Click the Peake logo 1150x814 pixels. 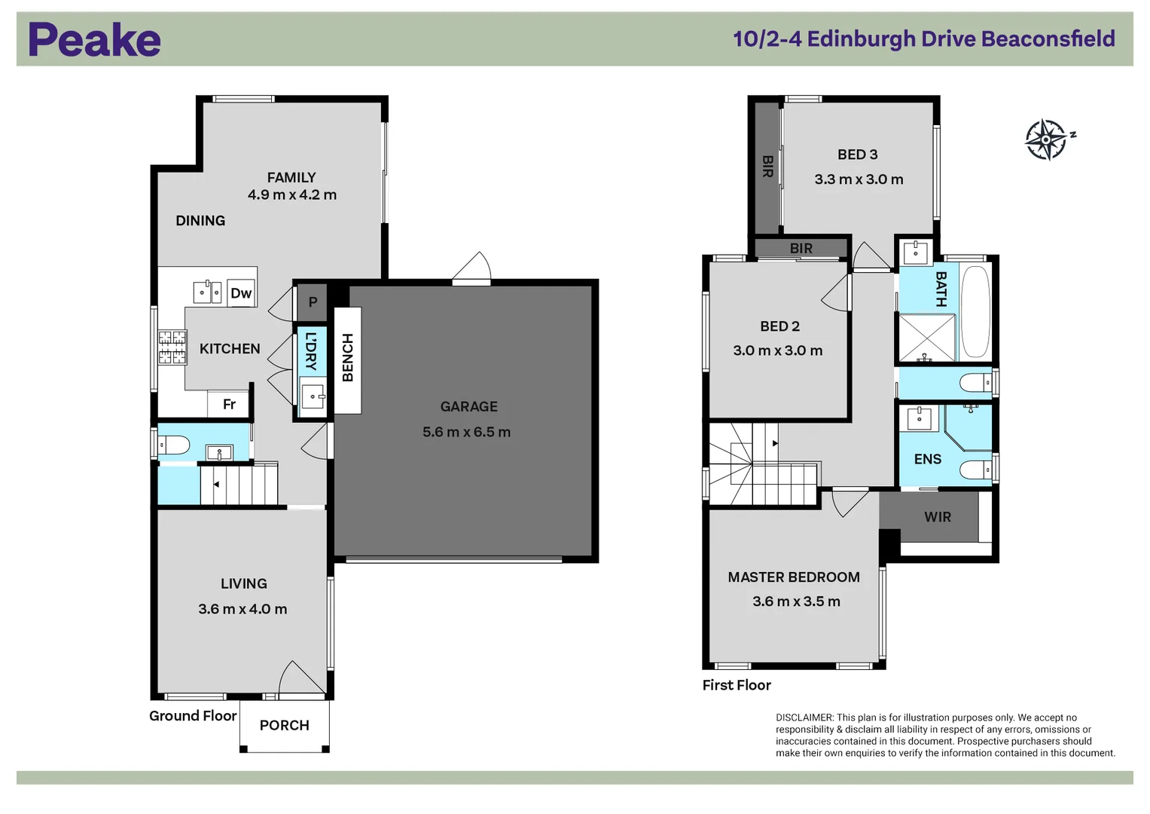tap(94, 40)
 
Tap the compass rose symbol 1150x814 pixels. tap(1046, 139)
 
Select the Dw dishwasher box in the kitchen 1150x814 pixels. tap(241, 293)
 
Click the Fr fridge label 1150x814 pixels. tap(229, 405)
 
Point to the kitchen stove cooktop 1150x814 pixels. tap(172, 347)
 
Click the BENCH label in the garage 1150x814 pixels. tap(348, 358)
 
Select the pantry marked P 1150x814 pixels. tap(313, 301)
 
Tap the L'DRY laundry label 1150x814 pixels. tap(311, 351)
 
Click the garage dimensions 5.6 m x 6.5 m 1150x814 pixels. tap(466, 432)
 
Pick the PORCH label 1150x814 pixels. tap(284, 725)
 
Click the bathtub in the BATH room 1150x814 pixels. tap(975, 311)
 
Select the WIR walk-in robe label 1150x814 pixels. tap(938, 517)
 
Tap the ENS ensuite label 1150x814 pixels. tap(927, 459)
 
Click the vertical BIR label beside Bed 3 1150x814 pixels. tap(767, 167)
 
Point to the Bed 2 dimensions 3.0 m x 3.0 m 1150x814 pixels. tap(777, 350)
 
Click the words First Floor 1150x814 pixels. tap(736, 685)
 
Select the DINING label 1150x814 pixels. tap(200, 221)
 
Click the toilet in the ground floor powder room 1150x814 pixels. tap(174, 445)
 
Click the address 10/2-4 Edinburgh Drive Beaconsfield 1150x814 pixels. tap(923, 38)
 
